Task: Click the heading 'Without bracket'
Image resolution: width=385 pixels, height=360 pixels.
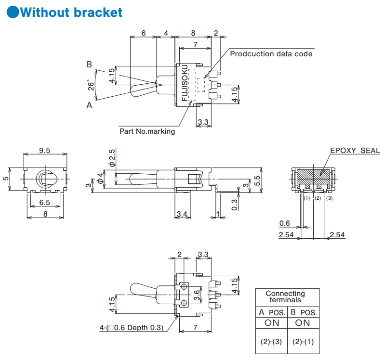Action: point(71,13)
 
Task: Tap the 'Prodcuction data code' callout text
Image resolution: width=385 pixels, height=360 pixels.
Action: point(271,54)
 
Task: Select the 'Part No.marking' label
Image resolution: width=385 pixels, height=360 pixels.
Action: point(147,130)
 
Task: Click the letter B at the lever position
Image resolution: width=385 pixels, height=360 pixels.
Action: point(89,64)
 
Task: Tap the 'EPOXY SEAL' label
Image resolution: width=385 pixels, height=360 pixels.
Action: point(355,151)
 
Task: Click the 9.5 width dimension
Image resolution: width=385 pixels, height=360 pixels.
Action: point(44,151)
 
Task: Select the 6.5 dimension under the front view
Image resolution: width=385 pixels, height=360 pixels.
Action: point(44,203)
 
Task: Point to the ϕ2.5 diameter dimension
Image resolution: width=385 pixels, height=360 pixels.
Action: point(112,158)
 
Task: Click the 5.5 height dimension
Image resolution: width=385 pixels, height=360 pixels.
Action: point(257,180)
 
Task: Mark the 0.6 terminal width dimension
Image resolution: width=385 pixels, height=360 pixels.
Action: point(284,223)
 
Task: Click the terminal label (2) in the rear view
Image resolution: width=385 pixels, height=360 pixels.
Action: point(318,198)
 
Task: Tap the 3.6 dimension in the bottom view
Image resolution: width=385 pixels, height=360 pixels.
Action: point(197,295)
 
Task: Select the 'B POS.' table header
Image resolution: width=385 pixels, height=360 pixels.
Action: point(303,312)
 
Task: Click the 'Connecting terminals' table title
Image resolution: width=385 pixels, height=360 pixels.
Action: point(285,296)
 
